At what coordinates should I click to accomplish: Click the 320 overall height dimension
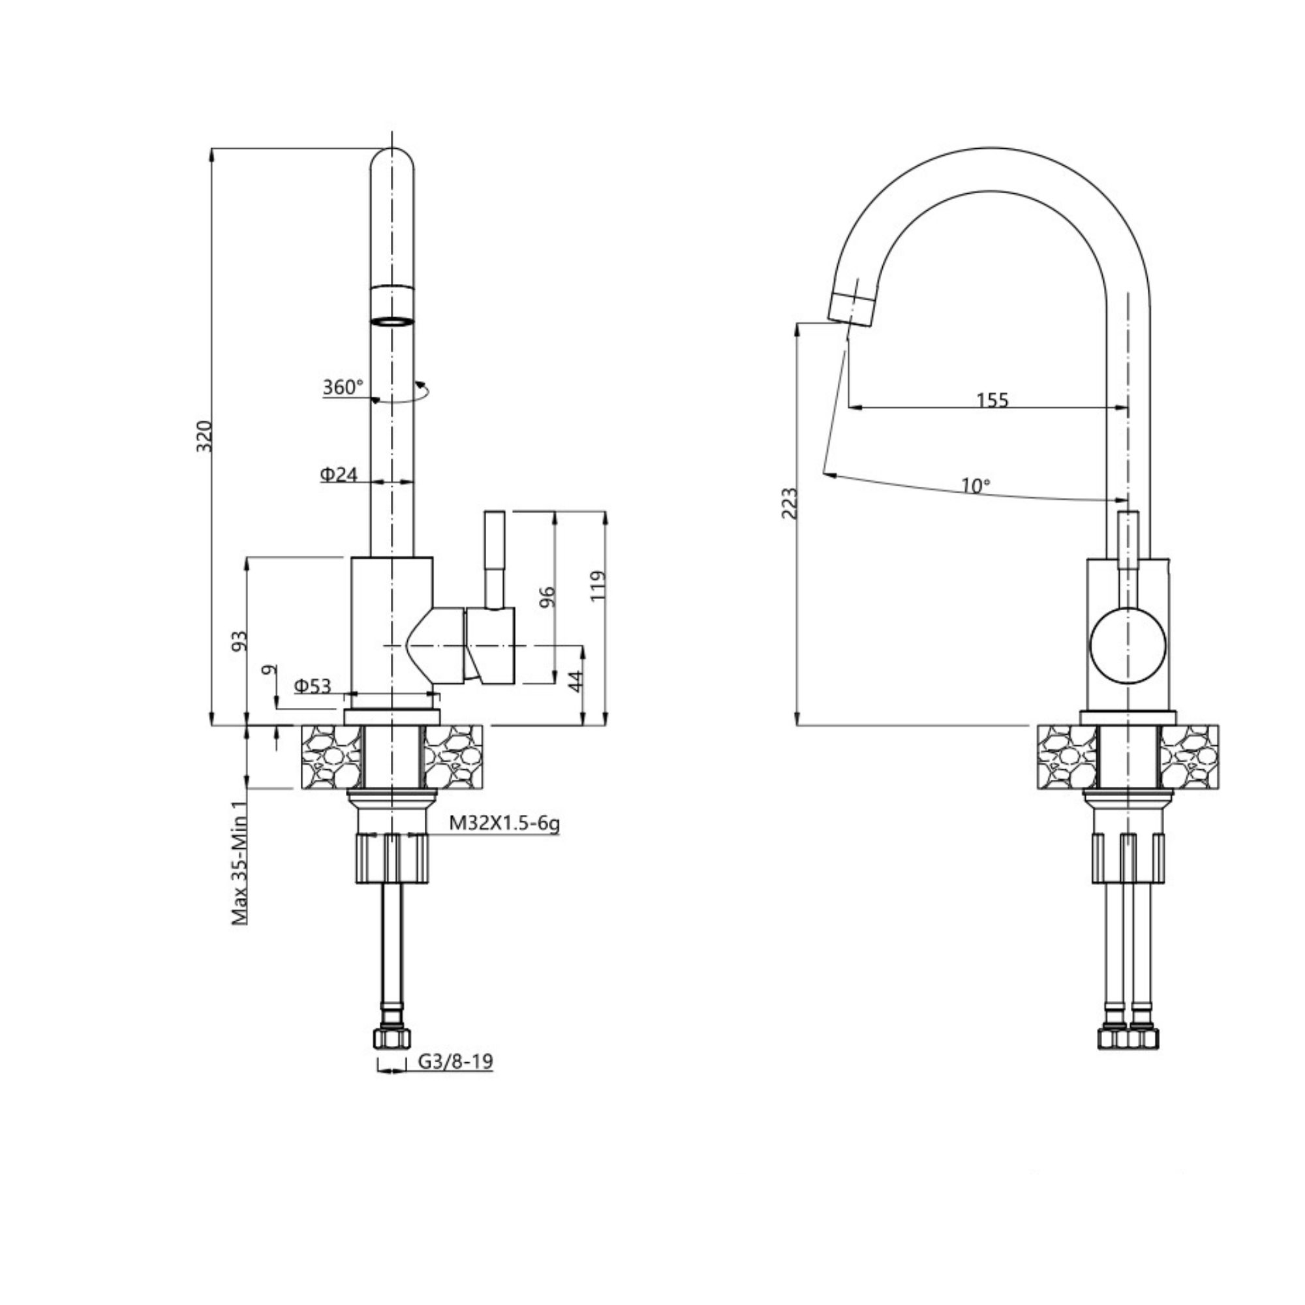[205, 437]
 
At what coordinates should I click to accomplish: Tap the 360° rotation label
[343, 388]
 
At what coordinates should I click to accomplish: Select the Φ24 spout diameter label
[339, 475]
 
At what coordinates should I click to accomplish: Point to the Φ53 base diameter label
[313, 686]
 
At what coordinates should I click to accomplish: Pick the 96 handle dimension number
[549, 596]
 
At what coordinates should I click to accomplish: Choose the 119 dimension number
[598, 587]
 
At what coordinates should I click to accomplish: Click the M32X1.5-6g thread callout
[504, 823]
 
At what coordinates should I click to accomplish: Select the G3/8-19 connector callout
[456, 1061]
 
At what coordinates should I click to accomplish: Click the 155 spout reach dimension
[992, 400]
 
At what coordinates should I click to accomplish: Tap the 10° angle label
[975, 485]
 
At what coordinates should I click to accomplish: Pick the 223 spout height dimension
[790, 502]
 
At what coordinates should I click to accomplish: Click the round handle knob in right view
[1128, 645]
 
